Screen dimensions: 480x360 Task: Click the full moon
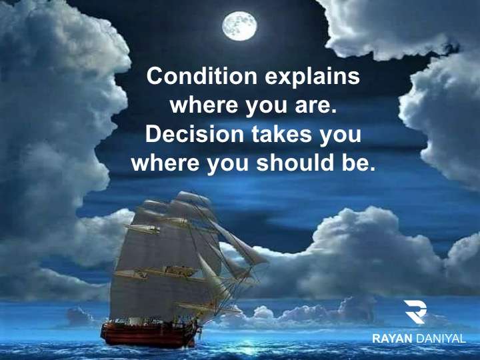(239, 26)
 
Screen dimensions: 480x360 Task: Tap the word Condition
(202, 76)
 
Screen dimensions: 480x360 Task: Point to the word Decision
(195, 134)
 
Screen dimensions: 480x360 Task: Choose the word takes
(281, 135)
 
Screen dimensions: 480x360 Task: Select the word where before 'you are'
(204, 105)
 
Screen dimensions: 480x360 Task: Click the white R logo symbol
(415, 311)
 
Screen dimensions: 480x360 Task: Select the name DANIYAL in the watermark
(441, 339)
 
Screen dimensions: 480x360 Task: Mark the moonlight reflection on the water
(245, 347)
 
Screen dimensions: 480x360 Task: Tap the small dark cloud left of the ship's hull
(79, 317)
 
